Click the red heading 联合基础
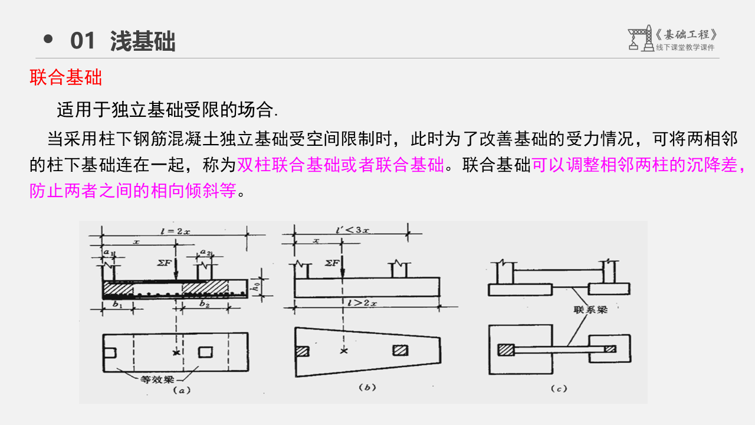point(66,78)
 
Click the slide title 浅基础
point(143,41)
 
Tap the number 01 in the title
point(83,41)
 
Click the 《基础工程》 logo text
point(687,34)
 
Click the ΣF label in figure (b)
point(332,262)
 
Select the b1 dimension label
point(117,305)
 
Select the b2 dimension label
point(204,305)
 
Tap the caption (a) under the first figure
point(179,390)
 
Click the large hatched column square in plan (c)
point(505,349)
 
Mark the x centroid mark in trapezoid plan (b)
point(344,351)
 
